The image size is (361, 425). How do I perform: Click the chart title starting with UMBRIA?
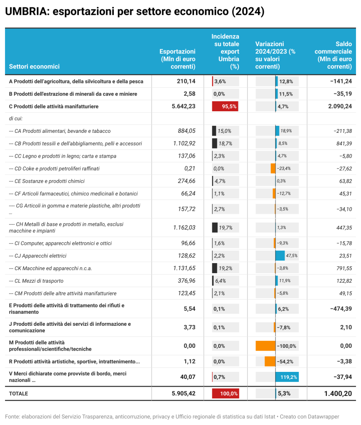(135, 12)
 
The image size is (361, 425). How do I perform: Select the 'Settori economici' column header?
(34, 66)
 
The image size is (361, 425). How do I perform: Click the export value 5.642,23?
(183, 107)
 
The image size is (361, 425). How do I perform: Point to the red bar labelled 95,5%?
(225, 107)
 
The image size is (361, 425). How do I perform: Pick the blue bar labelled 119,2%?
(287, 377)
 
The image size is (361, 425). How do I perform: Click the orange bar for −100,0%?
(266, 346)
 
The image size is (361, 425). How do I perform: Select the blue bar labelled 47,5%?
(280, 256)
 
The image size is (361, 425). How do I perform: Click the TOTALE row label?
(18, 393)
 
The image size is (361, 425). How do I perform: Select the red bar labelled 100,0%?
(225, 393)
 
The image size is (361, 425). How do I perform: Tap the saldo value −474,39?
(338, 308)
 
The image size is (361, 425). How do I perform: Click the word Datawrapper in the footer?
(320, 416)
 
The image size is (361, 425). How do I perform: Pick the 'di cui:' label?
(16, 119)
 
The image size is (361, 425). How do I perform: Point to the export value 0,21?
(189, 169)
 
